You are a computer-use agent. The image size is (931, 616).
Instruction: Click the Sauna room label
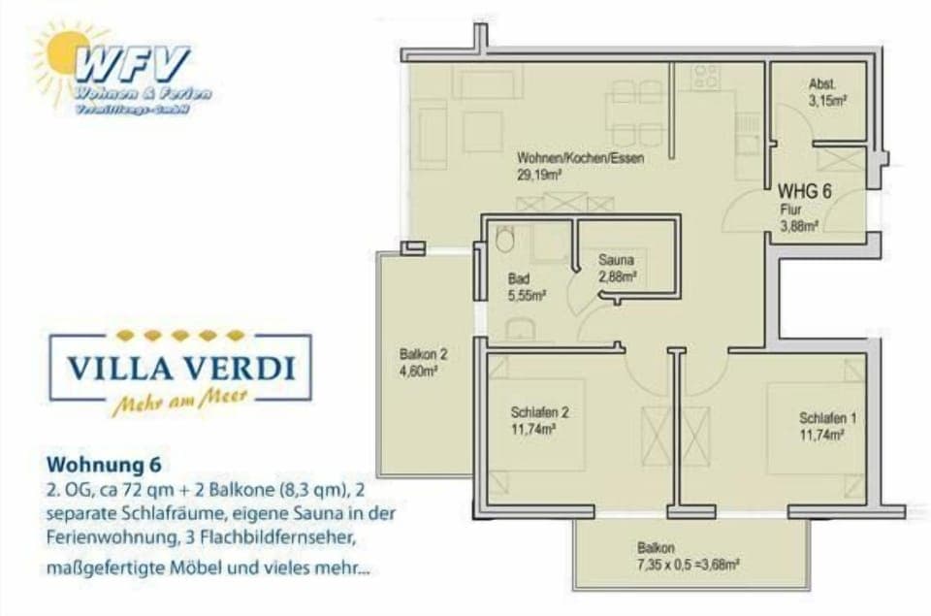616,260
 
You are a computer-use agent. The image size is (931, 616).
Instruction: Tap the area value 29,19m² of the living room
541,176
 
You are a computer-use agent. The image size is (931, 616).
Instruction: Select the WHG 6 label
804,190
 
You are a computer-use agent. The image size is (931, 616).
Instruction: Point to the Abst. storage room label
822,84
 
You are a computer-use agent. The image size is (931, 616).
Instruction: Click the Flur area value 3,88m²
801,225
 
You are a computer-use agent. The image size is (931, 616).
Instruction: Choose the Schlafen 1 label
827,418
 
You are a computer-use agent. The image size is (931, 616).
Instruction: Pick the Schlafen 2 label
539,411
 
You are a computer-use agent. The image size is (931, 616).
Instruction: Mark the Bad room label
519,278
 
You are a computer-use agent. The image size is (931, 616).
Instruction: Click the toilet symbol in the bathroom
503,240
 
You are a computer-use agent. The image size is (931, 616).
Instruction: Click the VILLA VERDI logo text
180,370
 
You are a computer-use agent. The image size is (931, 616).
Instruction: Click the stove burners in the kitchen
706,76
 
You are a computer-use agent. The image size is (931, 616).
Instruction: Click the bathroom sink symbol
521,327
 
